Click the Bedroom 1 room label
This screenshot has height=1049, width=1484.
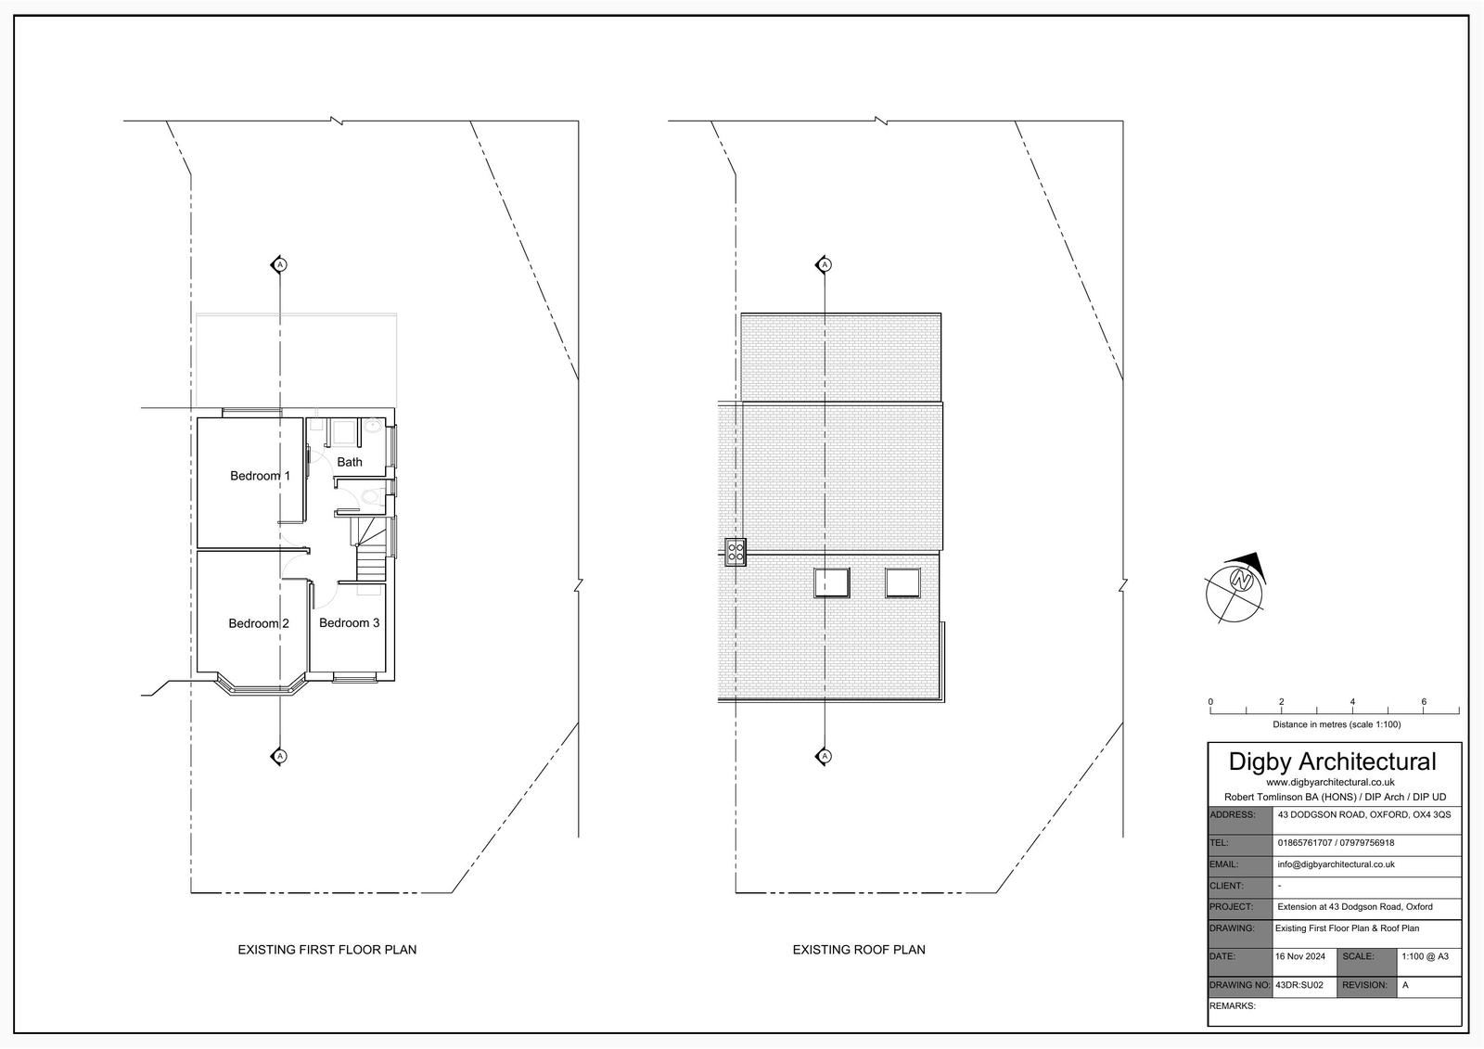[x=260, y=476]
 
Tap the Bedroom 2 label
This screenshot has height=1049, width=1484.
[x=259, y=623]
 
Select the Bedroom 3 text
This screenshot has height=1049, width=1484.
[x=349, y=623]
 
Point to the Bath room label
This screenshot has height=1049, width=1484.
[x=350, y=462]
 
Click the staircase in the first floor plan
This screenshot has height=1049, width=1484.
[x=371, y=550]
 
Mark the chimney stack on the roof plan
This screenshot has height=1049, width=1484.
[x=736, y=551]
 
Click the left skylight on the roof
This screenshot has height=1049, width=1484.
[x=831, y=583]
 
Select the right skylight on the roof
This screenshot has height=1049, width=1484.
[x=903, y=583]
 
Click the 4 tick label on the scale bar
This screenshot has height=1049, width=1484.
[x=1352, y=701]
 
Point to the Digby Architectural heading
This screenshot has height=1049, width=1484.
[x=1332, y=761]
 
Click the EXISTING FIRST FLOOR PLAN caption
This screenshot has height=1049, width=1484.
[x=327, y=950]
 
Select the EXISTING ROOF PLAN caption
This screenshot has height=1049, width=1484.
[x=859, y=950]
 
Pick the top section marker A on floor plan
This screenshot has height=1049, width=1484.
[x=279, y=265]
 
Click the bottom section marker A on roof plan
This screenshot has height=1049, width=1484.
[x=824, y=756]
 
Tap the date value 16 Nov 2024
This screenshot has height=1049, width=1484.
[x=1299, y=956]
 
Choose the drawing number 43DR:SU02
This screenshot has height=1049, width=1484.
[x=1299, y=985]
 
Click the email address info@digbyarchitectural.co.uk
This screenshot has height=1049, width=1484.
[x=1337, y=864]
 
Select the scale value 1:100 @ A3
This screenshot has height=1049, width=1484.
[x=1425, y=956]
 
